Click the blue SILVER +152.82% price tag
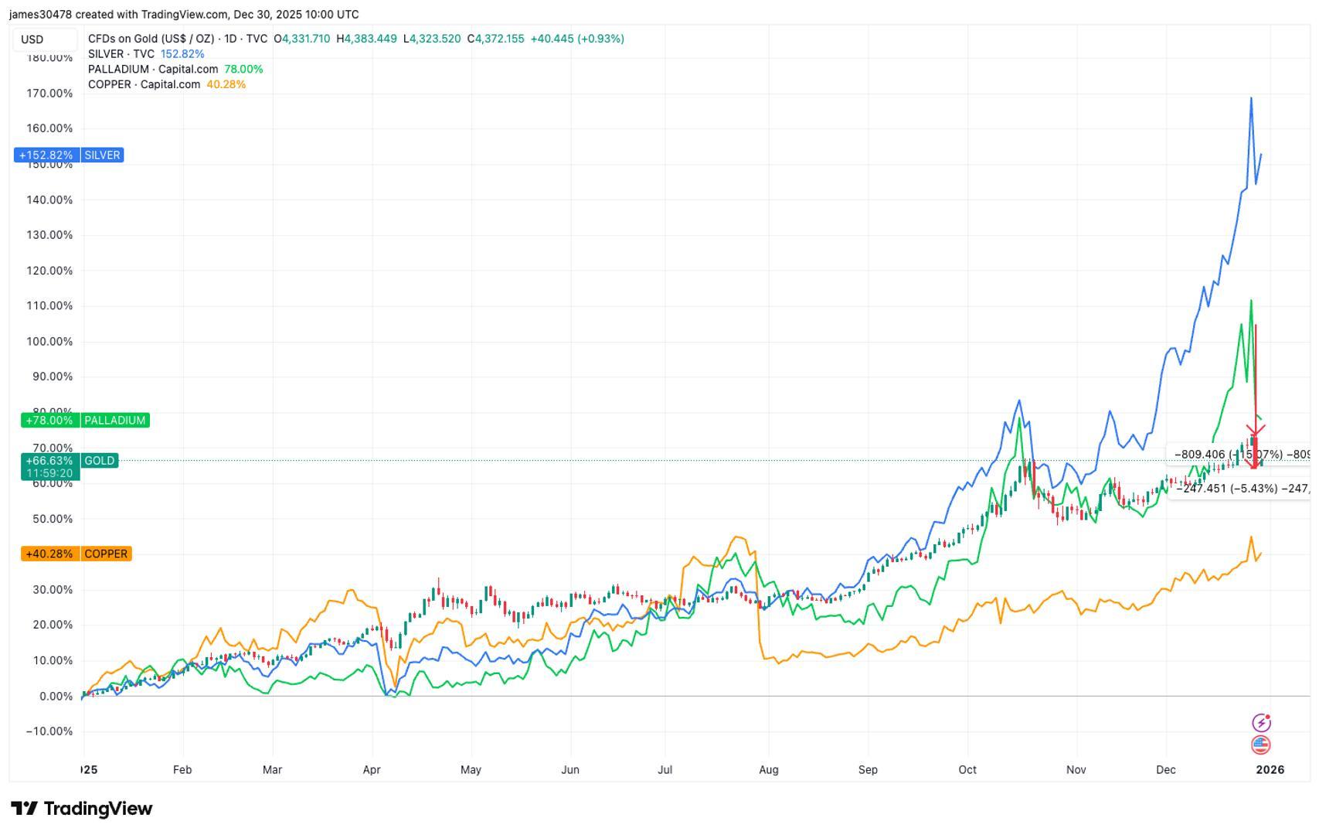(x=69, y=155)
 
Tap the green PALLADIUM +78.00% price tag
(x=85, y=421)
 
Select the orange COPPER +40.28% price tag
(x=76, y=554)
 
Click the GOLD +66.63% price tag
(x=70, y=461)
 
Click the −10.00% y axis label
(x=49, y=731)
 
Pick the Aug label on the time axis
(x=768, y=770)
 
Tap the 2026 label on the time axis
(x=1270, y=770)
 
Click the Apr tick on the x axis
(x=372, y=770)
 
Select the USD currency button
(x=32, y=39)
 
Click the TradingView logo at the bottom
(x=81, y=809)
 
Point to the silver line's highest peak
(x=1251, y=98)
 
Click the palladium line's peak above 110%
(x=1251, y=301)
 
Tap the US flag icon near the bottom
(x=1260, y=745)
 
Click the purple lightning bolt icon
(x=1260, y=723)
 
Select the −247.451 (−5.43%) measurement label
(x=1236, y=489)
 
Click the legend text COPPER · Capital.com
(x=144, y=84)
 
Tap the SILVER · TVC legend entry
(x=121, y=54)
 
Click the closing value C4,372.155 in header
(x=495, y=39)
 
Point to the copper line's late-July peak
(x=738, y=537)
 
